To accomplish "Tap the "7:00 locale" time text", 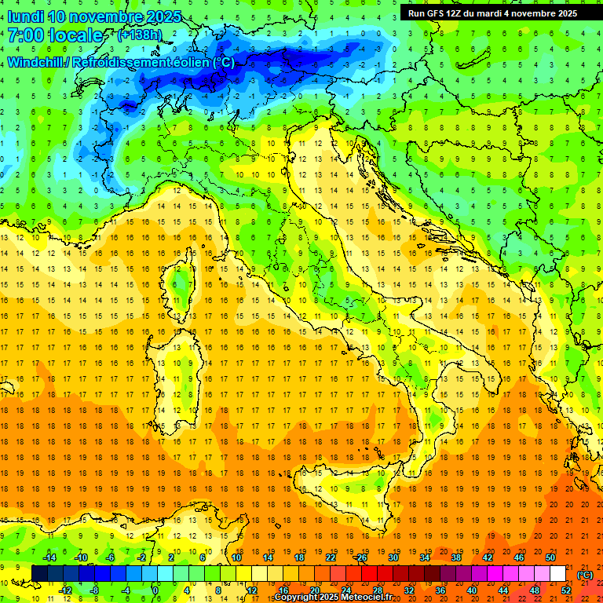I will click(55, 35).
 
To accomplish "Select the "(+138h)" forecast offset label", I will click(141, 35).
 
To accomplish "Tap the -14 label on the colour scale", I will click(49, 557).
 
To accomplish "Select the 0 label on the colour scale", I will click(155, 590).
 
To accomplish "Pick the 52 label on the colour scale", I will click(566, 590).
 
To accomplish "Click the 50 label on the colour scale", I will click(550, 557).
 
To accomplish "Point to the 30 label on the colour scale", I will click(393, 557).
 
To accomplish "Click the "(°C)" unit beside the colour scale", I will click(585, 574).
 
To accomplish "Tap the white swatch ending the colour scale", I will click(557, 573).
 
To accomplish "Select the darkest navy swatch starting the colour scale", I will click(39, 573).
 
